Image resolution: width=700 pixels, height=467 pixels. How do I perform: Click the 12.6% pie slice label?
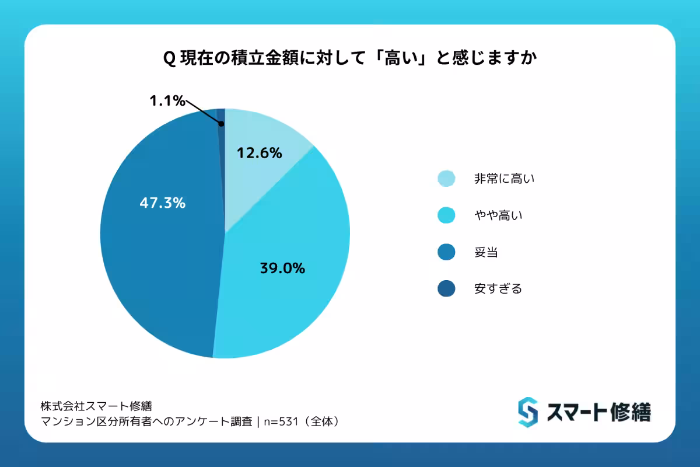(x=260, y=154)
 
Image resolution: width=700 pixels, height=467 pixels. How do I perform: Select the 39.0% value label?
(x=282, y=269)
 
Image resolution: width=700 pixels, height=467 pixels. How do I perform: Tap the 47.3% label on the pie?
(x=163, y=203)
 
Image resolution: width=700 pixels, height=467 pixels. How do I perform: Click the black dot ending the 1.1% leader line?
(x=221, y=124)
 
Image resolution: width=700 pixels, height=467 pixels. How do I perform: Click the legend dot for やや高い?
(x=446, y=216)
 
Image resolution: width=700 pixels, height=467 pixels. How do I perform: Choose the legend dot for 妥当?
(x=446, y=252)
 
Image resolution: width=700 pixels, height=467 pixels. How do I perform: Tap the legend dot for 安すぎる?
(x=446, y=288)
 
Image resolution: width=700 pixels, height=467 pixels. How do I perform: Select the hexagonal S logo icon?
(x=527, y=412)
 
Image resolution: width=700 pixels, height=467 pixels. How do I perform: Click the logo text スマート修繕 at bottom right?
(x=598, y=413)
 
